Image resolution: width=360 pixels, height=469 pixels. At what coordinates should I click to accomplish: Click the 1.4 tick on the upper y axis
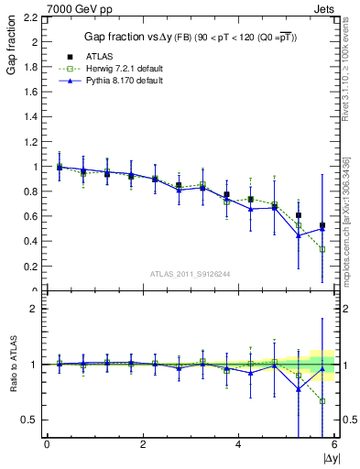coord(29,117)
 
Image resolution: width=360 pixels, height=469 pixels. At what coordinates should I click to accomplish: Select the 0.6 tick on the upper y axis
coord(29,217)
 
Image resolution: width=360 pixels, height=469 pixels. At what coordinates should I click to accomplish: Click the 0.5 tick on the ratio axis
coord(28,420)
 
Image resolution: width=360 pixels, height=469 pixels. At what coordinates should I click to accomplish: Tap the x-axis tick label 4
coord(239,445)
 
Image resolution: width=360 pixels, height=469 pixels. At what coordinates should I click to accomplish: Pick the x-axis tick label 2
coord(143,445)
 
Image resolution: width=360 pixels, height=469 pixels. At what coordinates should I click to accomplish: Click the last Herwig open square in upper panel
coord(322,249)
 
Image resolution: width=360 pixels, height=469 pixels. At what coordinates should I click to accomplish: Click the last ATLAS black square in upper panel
coord(322,225)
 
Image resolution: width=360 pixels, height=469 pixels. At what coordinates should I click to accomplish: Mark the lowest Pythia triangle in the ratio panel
coord(299,389)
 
